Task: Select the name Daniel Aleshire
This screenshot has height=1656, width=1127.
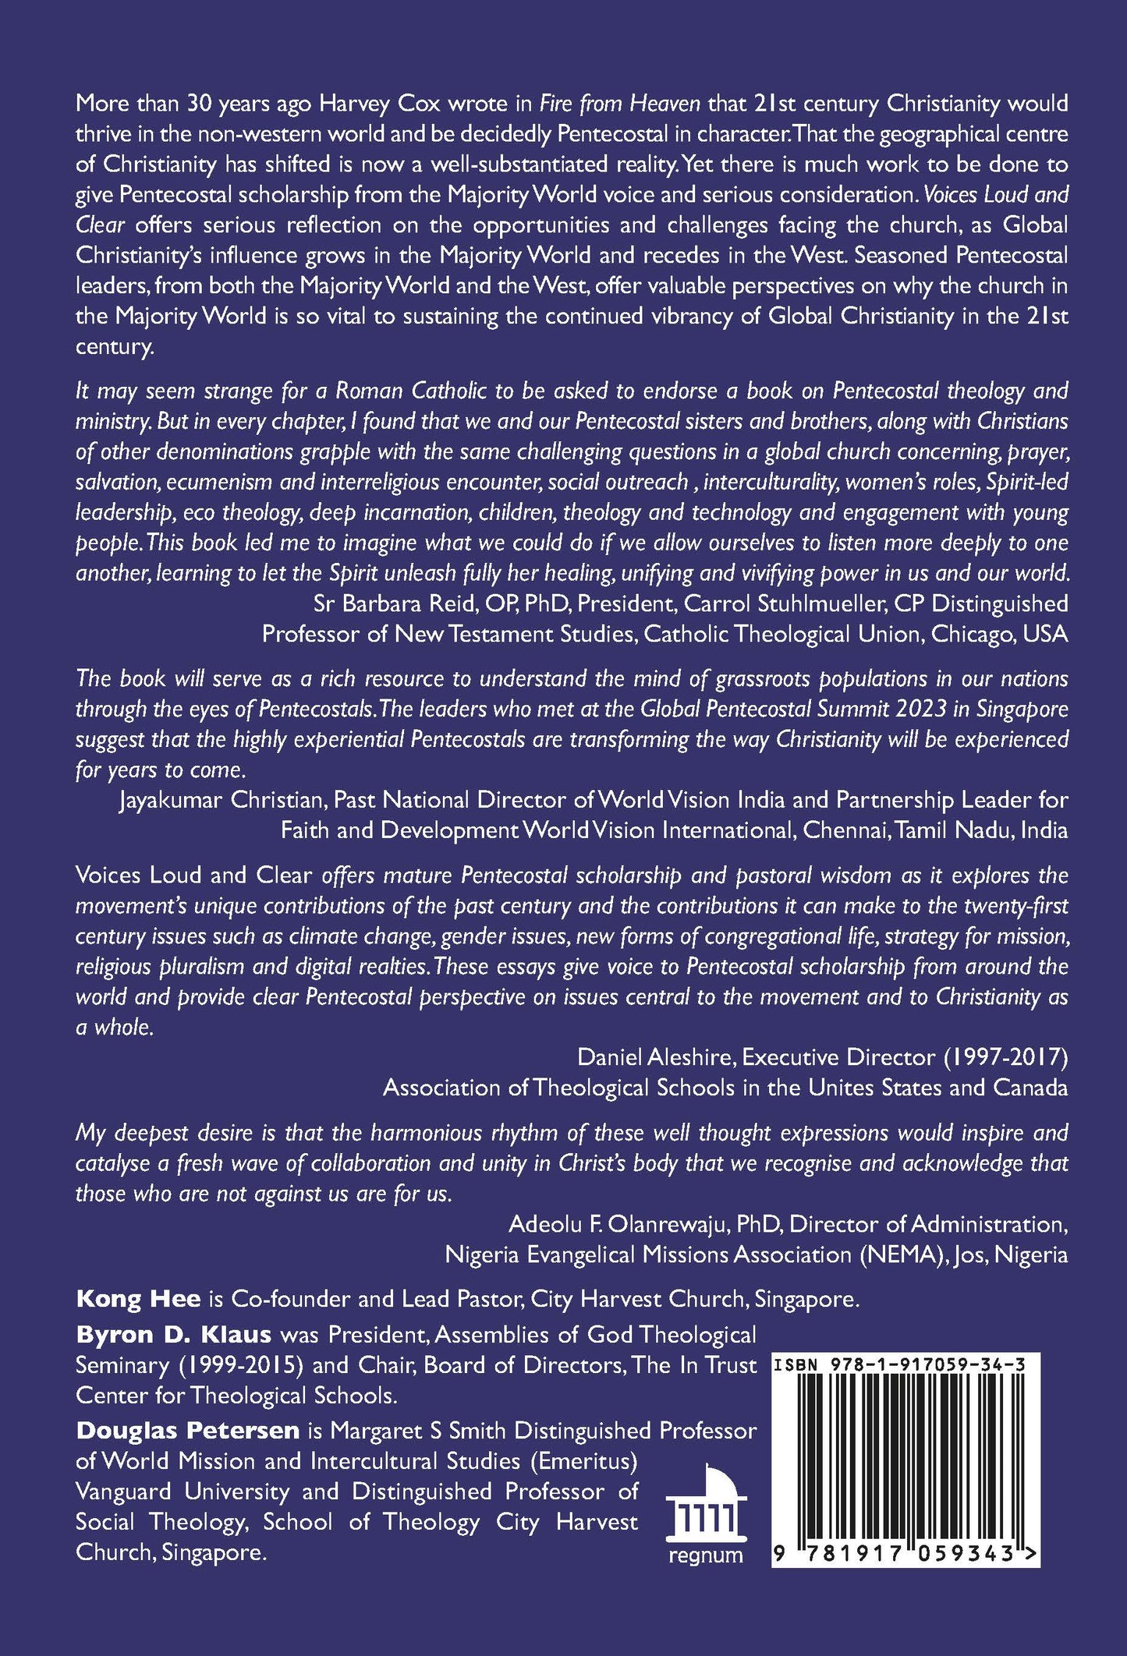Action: coord(656,1057)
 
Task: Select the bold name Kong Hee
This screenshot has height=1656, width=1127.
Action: coord(138,1299)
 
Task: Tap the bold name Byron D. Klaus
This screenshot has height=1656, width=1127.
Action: coord(173,1335)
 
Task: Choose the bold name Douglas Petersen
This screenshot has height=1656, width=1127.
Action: coord(187,1431)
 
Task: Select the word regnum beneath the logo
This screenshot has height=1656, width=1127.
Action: coord(706,1555)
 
